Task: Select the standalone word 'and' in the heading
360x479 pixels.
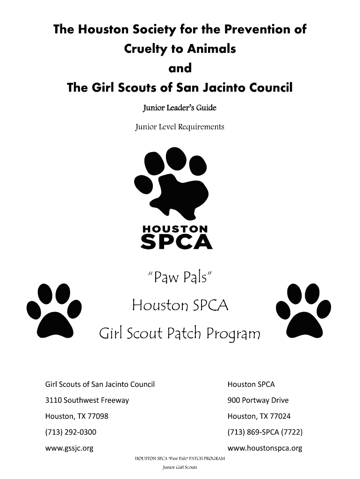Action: [x=180, y=68]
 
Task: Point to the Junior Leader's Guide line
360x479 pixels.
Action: [x=180, y=108]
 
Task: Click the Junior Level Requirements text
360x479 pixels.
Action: [x=180, y=127]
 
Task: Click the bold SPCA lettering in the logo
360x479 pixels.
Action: [x=176, y=242]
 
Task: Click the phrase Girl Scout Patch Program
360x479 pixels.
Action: [x=180, y=334]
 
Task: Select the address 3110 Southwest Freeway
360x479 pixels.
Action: [x=87, y=400]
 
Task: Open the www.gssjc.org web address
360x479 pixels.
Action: [x=69, y=448]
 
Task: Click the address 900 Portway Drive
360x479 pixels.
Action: [x=258, y=400]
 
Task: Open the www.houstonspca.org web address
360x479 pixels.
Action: [x=265, y=448]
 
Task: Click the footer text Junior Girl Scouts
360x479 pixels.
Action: [x=180, y=467]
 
